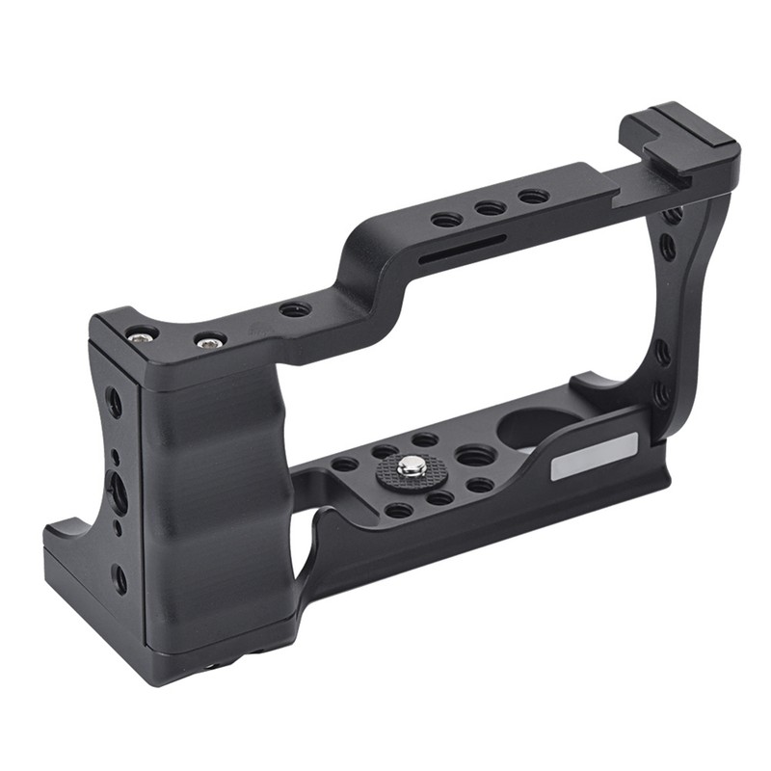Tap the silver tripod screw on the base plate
[x=412, y=467]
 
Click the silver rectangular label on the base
[x=594, y=456]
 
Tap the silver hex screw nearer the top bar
[x=209, y=340]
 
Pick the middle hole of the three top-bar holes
[x=490, y=208]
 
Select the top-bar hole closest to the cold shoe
[x=532, y=197]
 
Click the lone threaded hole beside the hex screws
[x=294, y=309]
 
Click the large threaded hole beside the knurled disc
[x=475, y=455]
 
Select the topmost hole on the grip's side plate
[x=113, y=401]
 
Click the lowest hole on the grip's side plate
[x=119, y=578]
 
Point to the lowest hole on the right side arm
[x=660, y=393]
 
